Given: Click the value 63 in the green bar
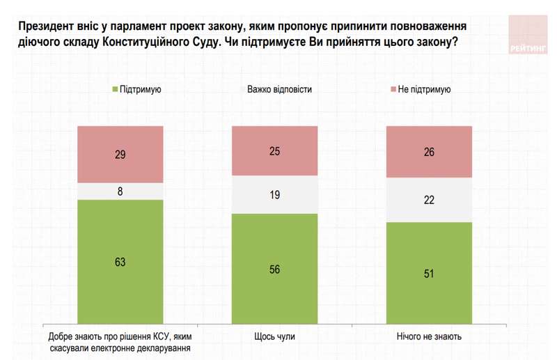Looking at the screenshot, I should click(x=120, y=262).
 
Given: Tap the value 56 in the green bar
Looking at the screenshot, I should click(x=274, y=269).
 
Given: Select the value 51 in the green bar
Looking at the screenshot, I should click(x=429, y=274).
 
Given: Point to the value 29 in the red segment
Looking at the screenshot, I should click(x=120, y=155).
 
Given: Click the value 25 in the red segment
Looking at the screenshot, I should click(x=274, y=151).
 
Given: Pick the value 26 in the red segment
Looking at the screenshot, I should click(x=429, y=152).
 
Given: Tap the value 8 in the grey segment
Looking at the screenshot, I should click(x=120, y=191).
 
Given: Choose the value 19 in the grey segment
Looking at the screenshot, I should click(x=274, y=195).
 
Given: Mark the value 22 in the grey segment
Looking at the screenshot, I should click(x=429, y=200).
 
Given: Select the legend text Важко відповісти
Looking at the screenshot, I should click(x=279, y=90).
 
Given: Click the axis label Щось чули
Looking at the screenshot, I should click(x=274, y=337).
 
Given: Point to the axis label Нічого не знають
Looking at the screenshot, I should click(x=429, y=337).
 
